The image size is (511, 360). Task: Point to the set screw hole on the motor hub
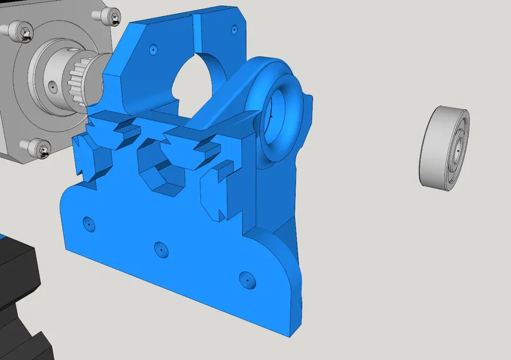click(x=53, y=86)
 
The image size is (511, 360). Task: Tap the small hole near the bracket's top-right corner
click(x=233, y=28)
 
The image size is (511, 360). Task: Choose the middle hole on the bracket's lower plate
click(x=161, y=249)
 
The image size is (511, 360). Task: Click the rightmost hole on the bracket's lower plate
click(x=247, y=279)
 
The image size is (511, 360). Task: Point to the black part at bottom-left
click(x=20, y=300)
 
